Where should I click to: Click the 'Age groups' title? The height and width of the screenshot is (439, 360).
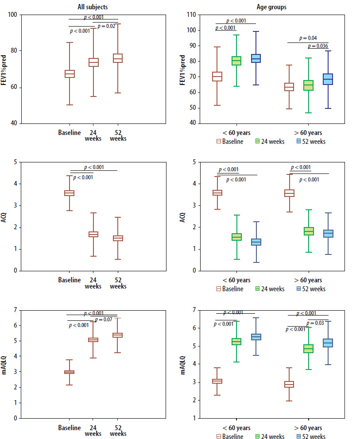271,7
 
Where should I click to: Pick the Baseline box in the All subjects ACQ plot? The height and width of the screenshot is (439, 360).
70,193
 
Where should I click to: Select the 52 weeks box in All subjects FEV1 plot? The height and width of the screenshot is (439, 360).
118,58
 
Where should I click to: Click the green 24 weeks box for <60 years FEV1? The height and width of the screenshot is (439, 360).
236,61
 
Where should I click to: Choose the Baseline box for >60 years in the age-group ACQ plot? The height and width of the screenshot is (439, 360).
289,193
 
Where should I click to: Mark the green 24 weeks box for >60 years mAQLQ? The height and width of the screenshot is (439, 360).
309,349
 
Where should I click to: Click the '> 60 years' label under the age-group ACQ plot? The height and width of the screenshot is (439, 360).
309,280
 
